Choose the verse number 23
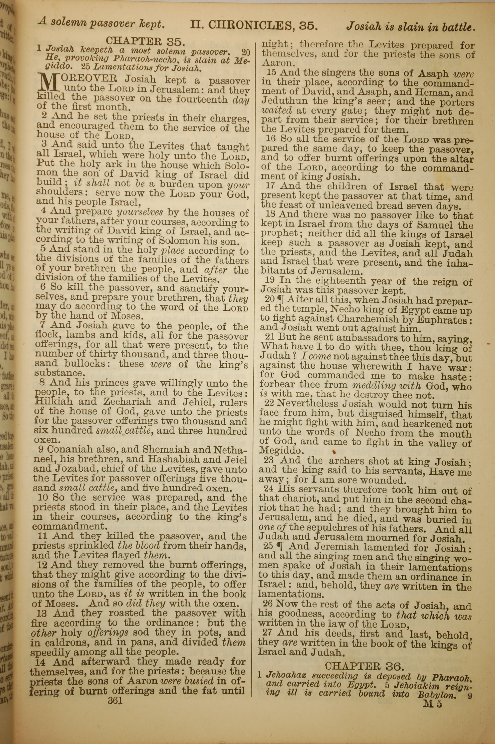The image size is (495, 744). [269, 461]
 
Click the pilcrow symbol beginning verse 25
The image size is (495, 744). [279, 547]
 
